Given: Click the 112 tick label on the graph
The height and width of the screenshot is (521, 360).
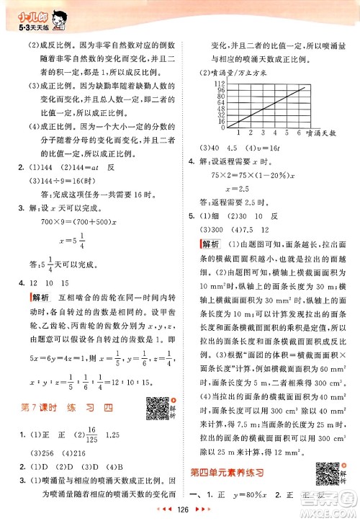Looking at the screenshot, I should click(x=212, y=84).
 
